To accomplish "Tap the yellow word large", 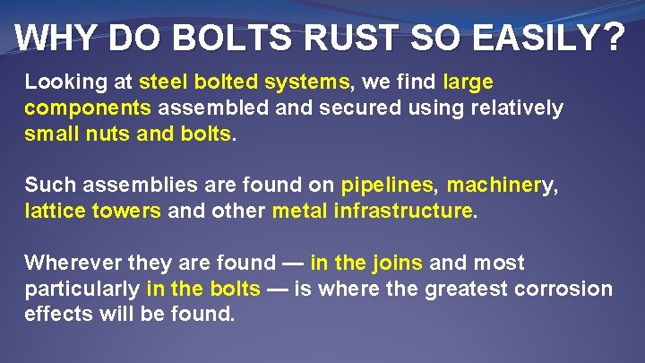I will click(468, 83).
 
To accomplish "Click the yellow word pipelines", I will click(387, 186).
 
